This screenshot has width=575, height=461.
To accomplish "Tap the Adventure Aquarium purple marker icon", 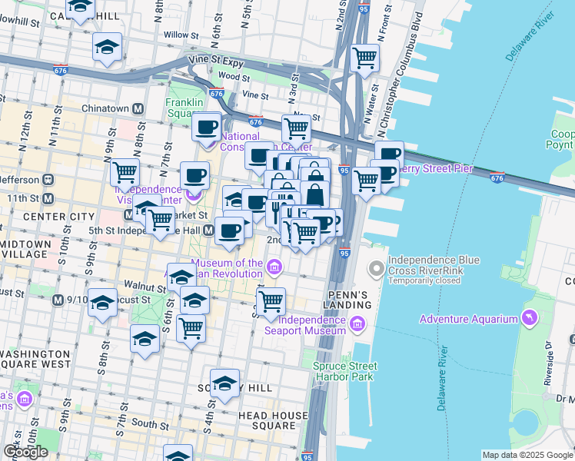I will pos(528,319).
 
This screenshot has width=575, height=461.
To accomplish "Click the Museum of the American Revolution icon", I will pos(274,267).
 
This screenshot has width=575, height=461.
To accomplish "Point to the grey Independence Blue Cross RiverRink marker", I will pos(376,269).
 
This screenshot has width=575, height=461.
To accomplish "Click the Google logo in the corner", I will pos(25,452).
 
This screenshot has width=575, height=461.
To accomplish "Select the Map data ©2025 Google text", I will pos(527,455).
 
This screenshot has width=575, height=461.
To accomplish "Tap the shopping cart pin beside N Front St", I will pos(364,57).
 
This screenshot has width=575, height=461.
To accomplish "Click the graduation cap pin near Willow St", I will pos(107,47).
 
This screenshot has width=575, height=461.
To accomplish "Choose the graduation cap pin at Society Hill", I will pos(224,383).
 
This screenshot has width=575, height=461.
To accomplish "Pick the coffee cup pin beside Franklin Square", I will pos(206,127).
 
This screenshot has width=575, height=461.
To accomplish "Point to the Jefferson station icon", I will pos(47,180).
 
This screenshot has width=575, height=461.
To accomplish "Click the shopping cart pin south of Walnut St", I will pos(191,328).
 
